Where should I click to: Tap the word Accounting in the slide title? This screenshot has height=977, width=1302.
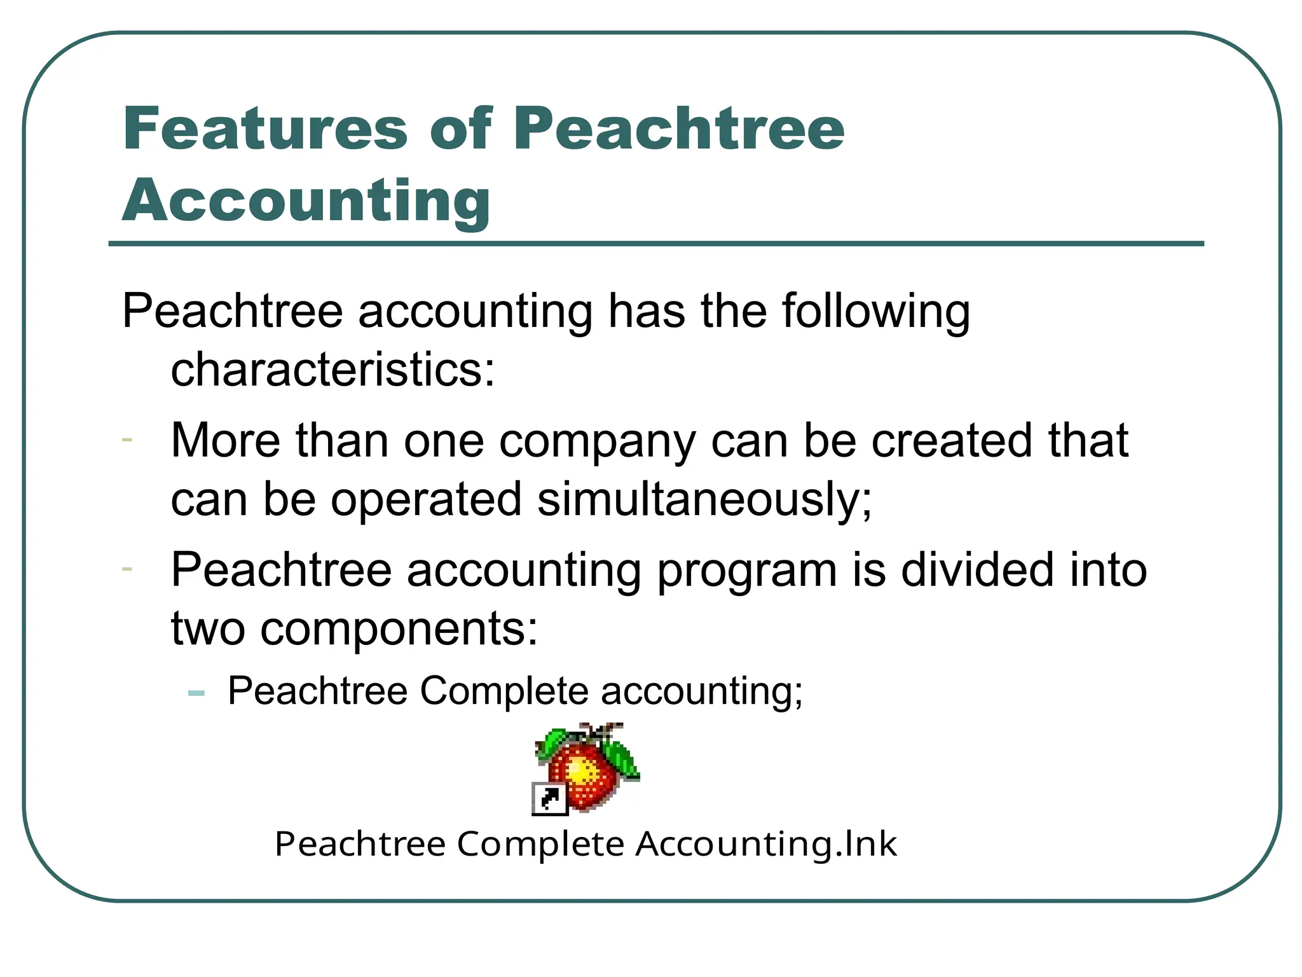click(306, 200)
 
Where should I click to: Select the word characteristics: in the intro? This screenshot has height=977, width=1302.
click(332, 370)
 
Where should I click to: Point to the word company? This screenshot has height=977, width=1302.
click(598, 441)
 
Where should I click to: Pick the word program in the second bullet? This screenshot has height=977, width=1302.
click(746, 571)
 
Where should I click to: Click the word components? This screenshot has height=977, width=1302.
click(399, 629)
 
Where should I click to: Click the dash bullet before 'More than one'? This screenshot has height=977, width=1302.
click(127, 440)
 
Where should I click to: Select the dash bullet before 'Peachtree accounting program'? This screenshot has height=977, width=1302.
click(127, 568)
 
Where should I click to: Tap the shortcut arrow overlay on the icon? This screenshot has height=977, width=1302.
click(549, 799)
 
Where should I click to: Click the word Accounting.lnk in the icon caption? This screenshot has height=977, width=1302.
click(766, 845)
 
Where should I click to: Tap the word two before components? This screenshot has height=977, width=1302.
click(208, 629)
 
